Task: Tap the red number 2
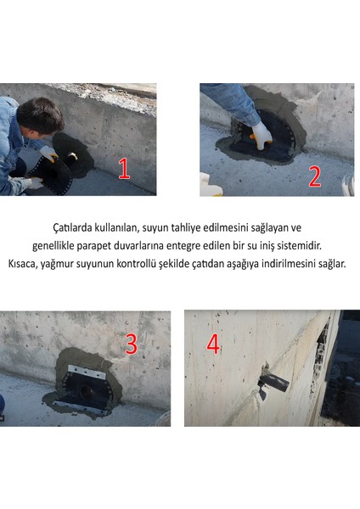coord(315,176)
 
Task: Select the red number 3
coord(132,344)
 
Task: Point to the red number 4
coord(213,344)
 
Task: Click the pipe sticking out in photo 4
coord(273,378)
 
